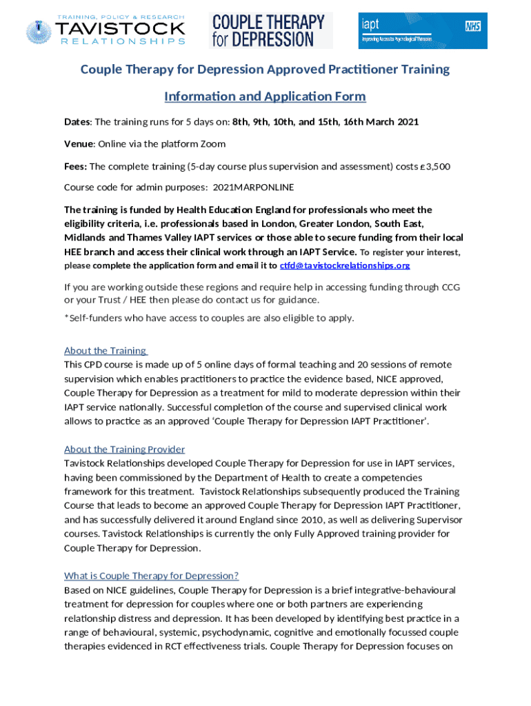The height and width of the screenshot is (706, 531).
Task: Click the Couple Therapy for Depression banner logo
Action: click(x=270, y=31)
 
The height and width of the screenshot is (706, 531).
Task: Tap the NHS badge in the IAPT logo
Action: click(x=472, y=26)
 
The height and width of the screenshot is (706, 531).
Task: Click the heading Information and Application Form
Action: click(x=265, y=96)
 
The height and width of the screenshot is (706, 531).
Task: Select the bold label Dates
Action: click(x=77, y=122)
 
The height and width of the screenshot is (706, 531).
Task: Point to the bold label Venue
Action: click(x=79, y=144)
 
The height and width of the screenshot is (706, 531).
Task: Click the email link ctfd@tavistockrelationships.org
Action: click(x=345, y=265)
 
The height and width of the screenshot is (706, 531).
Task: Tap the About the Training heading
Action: click(x=105, y=350)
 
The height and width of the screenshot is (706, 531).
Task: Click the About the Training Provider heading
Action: click(x=124, y=450)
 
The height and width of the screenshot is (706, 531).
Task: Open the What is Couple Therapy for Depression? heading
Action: click(x=151, y=576)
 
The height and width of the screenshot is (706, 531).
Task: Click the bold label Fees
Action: click(x=75, y=166)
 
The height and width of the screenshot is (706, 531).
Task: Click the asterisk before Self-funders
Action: click(x=66, y=317)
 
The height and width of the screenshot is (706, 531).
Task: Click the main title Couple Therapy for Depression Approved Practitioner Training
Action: click(x=265, y=69)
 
